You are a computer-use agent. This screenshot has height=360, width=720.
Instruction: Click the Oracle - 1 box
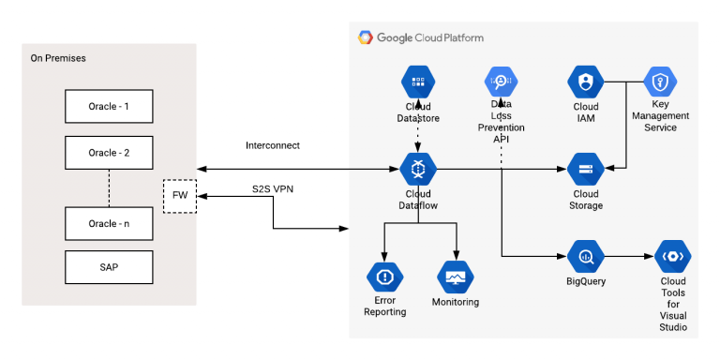109,107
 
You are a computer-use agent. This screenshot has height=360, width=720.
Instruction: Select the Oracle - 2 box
109,152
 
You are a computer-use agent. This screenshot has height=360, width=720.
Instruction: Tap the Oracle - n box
109,223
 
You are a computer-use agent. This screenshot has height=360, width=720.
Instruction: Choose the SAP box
109,267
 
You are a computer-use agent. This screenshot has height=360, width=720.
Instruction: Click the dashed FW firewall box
179,196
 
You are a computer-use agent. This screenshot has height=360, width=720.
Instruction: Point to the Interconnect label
272,146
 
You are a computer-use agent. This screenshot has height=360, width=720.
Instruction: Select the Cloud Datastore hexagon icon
418,82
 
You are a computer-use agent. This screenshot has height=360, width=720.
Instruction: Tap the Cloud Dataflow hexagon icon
418,170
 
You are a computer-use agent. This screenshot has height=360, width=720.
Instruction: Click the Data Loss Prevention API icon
501,82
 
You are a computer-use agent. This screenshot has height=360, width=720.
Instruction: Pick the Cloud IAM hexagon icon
586,82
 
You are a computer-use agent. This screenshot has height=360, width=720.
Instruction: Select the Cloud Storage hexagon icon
586,170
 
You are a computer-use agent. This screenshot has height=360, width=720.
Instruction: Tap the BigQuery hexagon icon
586,255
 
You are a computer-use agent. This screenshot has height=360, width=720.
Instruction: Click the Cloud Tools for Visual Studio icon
673,255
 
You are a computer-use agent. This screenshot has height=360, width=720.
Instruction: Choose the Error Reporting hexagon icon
384,277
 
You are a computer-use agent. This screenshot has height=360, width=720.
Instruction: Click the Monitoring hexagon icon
457,277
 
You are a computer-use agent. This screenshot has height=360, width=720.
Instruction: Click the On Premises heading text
58,58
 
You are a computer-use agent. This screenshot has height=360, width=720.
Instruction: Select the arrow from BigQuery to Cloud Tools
629,255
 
